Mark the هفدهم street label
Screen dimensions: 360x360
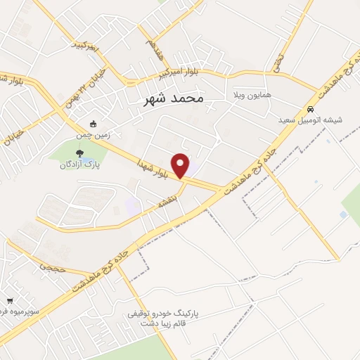[x=157, y=49]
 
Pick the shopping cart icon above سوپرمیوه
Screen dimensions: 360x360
[x=8, y=300]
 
